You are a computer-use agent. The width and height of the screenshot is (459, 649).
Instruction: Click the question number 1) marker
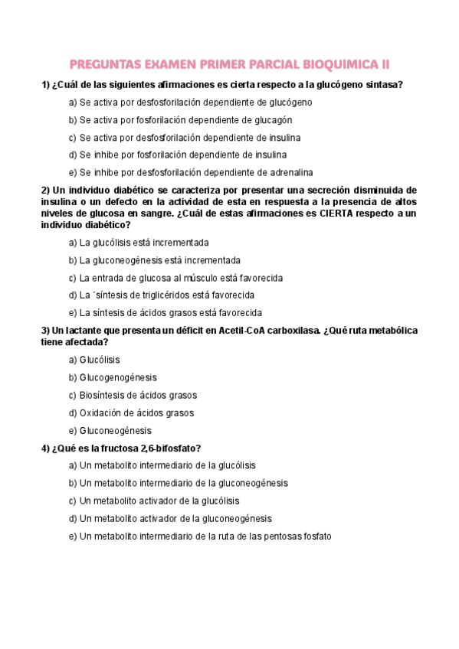[45, 84]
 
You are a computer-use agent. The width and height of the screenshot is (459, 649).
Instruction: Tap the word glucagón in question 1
[274, 120]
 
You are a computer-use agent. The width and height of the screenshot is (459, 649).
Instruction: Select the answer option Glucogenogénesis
[118, 377]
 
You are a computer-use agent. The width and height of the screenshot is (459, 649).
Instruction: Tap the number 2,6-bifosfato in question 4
[174, 448]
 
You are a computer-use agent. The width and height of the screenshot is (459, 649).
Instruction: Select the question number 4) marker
[45, 448]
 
